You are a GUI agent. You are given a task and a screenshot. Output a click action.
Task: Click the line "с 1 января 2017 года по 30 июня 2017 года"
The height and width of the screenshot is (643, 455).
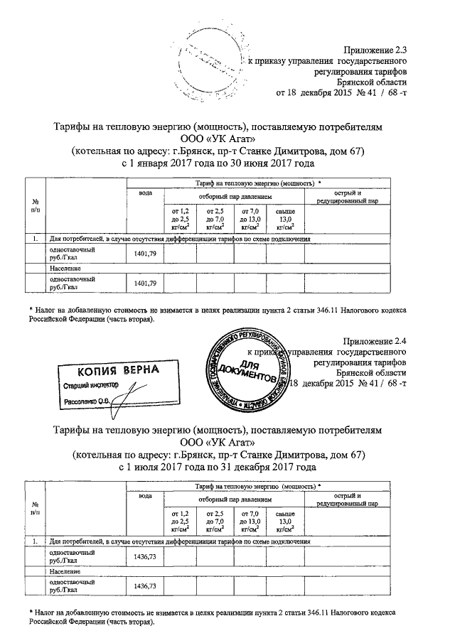219,163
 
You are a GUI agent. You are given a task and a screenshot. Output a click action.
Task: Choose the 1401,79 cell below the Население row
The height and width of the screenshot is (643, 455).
144,283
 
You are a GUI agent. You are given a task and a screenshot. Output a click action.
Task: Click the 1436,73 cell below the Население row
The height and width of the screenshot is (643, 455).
144,585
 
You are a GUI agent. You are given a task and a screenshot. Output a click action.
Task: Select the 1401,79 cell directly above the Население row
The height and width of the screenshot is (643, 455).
144,254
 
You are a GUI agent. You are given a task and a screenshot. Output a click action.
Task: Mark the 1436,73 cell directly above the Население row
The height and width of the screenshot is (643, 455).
144,557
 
